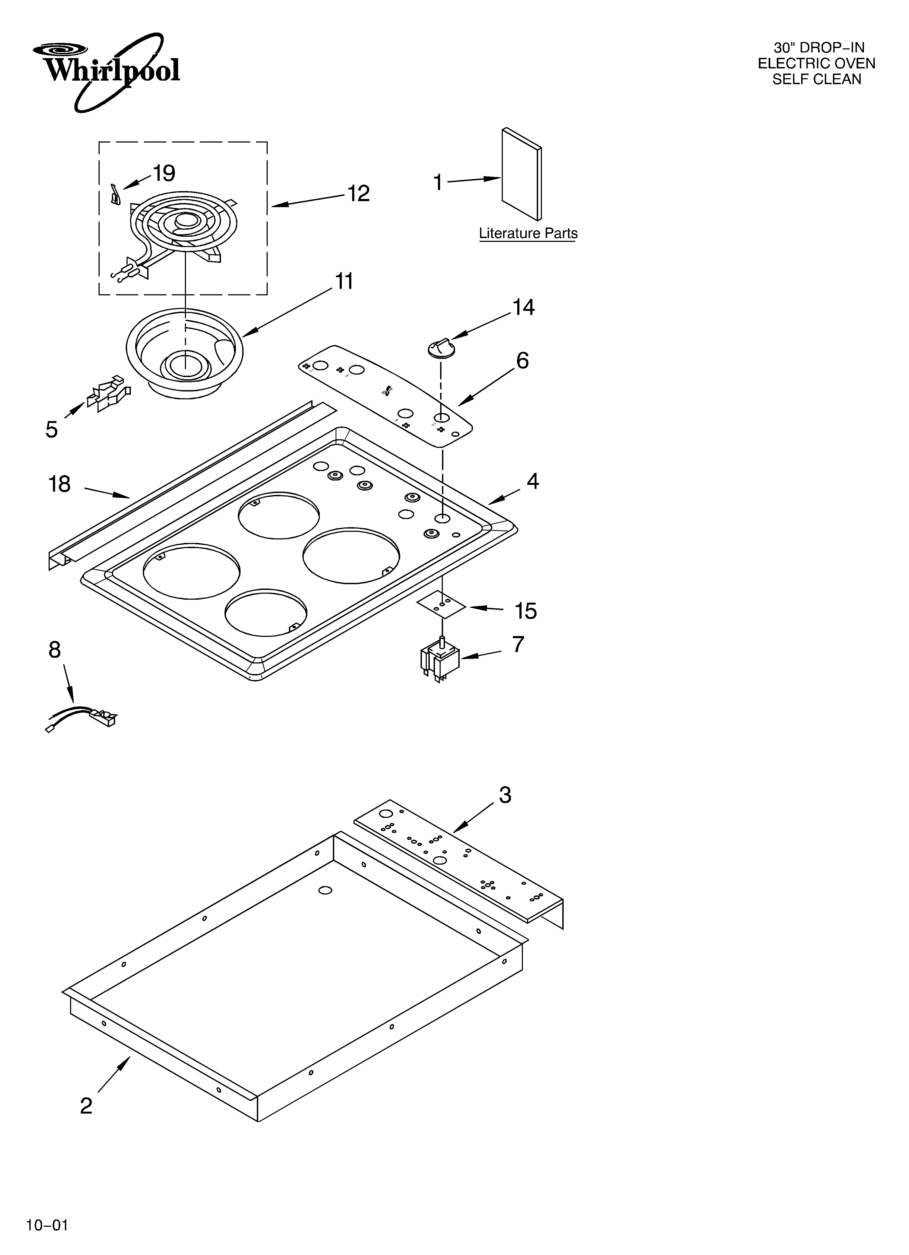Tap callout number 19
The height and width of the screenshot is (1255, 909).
click(164, 173)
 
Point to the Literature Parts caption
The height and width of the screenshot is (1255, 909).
click(528, 233)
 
